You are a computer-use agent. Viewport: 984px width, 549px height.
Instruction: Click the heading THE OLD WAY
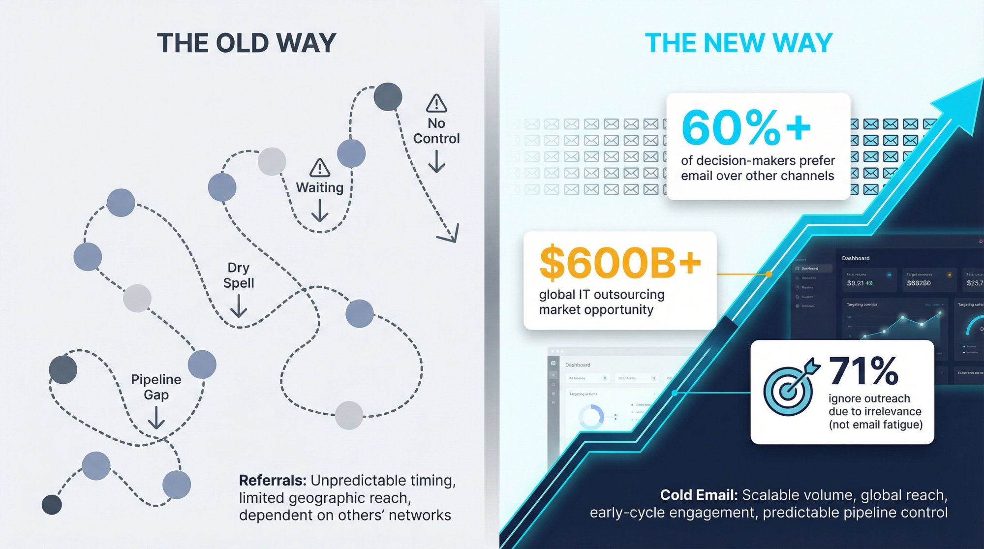coord(246,43)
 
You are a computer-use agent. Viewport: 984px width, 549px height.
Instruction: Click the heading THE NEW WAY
coord(738,43)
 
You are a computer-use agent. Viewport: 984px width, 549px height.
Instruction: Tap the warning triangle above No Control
coord(436,103)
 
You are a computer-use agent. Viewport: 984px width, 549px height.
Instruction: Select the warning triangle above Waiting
coord(320,168)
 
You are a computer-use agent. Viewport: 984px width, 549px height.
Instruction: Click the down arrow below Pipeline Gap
coord(156,418)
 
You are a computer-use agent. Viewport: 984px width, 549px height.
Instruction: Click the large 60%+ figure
coord(746,128)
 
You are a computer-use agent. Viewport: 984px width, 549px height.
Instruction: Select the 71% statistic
coord(863,371)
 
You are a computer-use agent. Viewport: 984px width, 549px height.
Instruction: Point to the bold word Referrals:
coord(273,481)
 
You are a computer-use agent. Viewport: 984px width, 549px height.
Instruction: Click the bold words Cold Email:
coord(699,495)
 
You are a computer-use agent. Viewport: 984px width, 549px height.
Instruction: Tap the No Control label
coord(436,131)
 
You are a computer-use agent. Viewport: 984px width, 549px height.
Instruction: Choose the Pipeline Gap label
coord(156,387)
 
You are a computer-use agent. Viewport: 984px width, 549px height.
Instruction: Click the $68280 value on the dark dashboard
coord(919,283)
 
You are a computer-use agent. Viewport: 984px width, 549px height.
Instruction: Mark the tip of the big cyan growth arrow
coord(979,84)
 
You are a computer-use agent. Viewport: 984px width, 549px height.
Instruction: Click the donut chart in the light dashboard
coord(591,417)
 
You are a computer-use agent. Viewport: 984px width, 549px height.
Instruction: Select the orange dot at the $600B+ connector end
coord(769,274)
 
